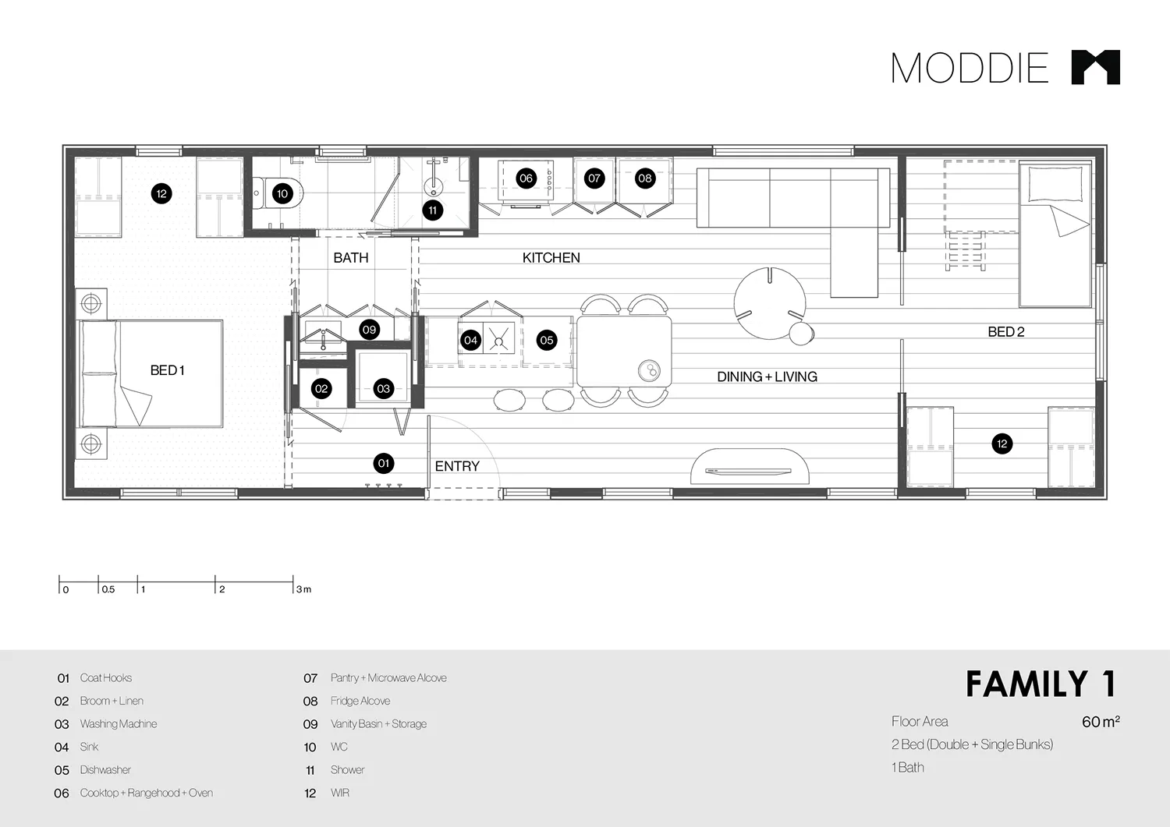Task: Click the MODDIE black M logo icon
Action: (1095, 67)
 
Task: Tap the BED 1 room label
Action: (167, 370)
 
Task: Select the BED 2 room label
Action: (1005, 331)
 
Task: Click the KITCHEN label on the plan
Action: (551, 258)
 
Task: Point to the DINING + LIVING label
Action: (767, 376)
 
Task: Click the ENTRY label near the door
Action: (457, 466)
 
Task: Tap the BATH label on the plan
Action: (350, 258)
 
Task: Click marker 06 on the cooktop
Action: (526, 178)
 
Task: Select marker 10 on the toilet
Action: (282, 194)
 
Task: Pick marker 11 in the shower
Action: (433, 210)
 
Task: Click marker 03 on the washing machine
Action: (383, 389)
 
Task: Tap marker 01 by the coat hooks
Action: (383, 464)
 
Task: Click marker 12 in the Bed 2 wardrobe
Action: (1002, 444)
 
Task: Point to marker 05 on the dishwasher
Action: (547, 340)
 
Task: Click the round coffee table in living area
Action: (769, 303)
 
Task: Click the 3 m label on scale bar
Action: (303, 589)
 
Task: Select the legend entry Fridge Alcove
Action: (360, 701)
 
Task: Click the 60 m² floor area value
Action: (1100, 722)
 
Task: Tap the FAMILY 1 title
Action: (1041, 684)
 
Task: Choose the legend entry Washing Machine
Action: (118, 724)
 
